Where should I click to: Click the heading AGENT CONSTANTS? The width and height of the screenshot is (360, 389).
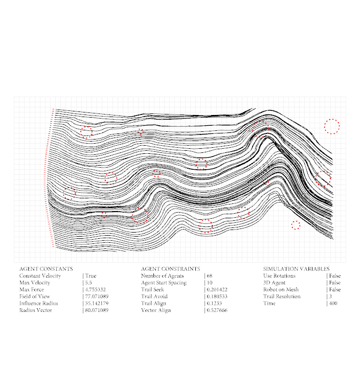(46, 269)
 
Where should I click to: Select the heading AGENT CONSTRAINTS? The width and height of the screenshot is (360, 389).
(170, 269)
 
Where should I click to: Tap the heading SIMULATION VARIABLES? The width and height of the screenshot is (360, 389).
(296, 269)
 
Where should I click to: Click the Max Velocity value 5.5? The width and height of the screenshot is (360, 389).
(88, 283)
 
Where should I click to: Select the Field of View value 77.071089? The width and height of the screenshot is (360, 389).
(96, 296)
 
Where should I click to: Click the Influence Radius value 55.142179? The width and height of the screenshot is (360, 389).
(96, 304)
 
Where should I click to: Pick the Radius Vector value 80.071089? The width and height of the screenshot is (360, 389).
(96, 310)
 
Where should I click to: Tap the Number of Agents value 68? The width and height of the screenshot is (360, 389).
(209, 276)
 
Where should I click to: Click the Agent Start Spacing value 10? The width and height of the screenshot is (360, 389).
(209, 283)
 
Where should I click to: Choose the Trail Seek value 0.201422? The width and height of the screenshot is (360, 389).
(217, 290)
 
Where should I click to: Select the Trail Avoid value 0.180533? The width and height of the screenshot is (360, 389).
(217, 296)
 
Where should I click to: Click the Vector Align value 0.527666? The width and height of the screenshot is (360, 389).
(217, 310)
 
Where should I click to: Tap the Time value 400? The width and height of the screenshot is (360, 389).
(333, 304)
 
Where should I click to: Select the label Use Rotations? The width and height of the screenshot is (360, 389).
(279, 276)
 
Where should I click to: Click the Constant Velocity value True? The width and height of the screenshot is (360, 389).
(91, 276)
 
